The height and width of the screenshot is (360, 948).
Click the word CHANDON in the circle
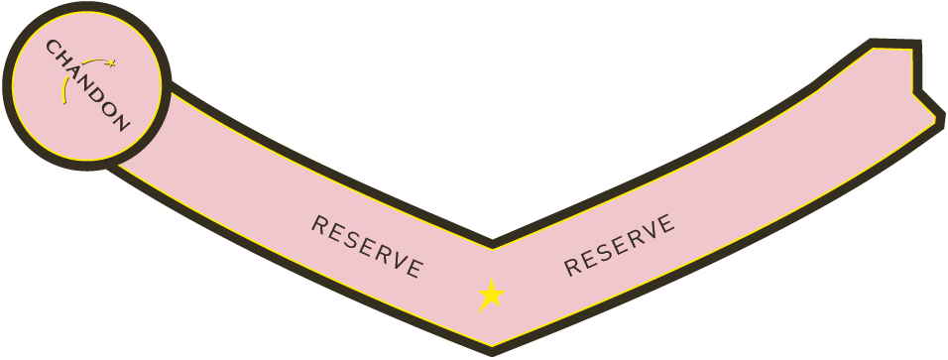pos(87,85)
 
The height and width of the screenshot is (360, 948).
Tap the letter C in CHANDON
pos(53,47)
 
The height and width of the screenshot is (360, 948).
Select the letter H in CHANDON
pos(62,59)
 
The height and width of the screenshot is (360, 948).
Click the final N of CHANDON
pos(122,123)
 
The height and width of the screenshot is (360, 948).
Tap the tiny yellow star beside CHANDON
pos(111,62)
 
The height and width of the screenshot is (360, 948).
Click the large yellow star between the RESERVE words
pos(492,296)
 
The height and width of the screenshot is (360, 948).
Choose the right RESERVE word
pos(619,245)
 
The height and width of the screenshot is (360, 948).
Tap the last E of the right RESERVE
pos(666,224)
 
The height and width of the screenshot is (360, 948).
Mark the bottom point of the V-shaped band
pos(492,352)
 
